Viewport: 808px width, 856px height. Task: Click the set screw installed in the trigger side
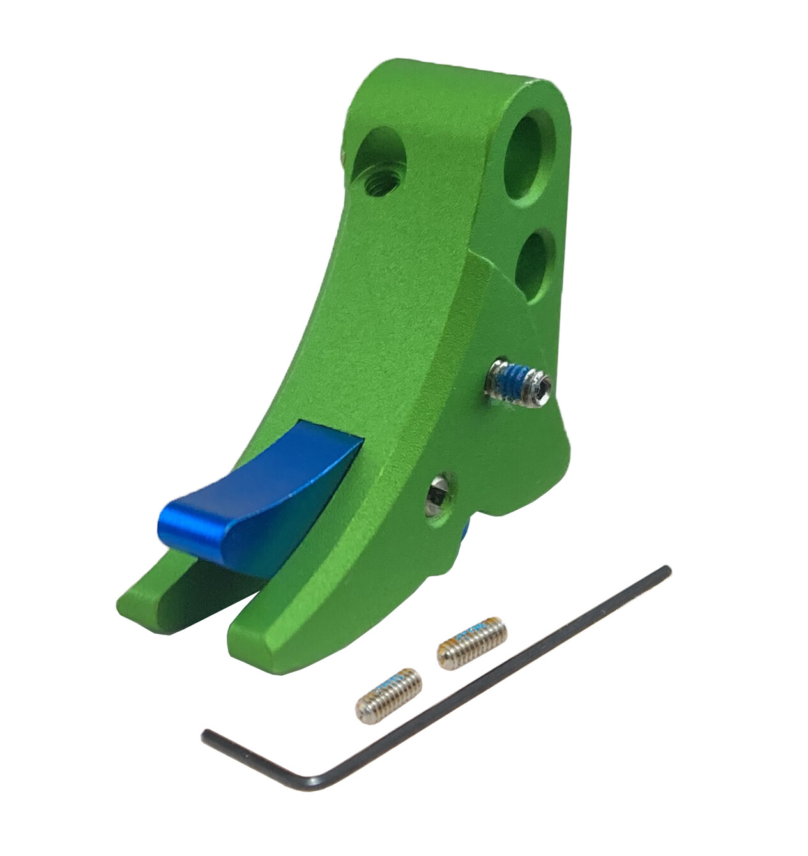click(517, 381)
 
